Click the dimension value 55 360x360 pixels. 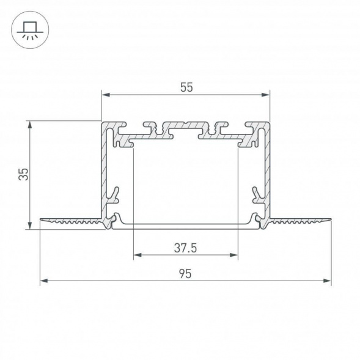(x=186, y=87)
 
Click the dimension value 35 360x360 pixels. (x=23, y=175)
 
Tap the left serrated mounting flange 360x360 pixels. (x=70, y=220)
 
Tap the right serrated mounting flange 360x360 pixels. (x=299, y=220)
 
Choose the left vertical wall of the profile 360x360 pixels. (x=105, y=171)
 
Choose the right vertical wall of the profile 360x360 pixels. (x=266, y=171)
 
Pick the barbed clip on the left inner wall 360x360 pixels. (x=113, y=195)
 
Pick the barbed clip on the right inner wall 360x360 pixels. (x=257, y=195)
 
